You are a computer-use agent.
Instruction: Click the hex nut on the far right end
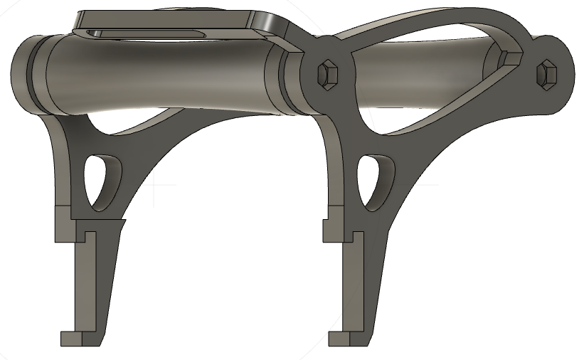tap(547, 73)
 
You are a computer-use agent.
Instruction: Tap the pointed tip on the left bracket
tap(122, 222)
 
